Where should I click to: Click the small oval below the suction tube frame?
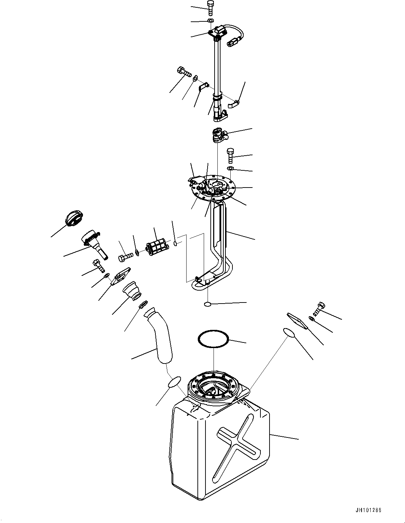(x=208, y=304)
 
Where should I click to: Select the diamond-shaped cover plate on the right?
(x=297, y=320)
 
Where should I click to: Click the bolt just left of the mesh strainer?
(x=125, y=257)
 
